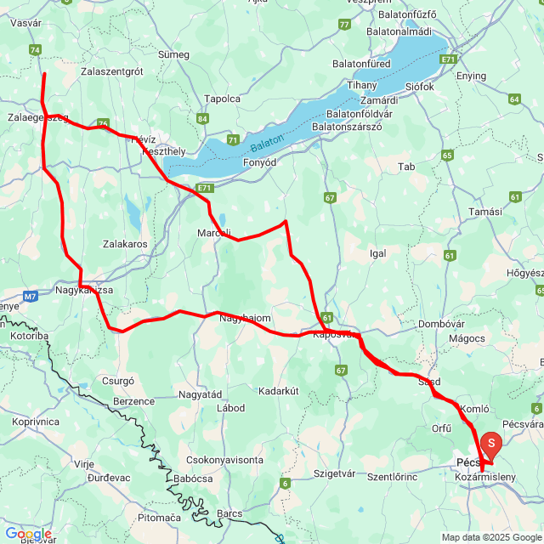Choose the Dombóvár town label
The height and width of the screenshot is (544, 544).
pyautogui.click(x=439, y=324)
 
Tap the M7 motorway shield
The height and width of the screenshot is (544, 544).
pyautogui.click(x=31, y=297)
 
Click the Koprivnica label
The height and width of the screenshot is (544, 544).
pyautogui.click(x=36, y=421)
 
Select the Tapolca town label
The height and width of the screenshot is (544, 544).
pyautogui.click(x=223, y=98)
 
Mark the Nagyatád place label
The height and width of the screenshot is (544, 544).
pyautogui.click(x=200, y=394)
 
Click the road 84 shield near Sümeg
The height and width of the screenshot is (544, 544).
pyautogui.click(x=203, y=119)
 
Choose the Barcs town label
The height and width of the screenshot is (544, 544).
pyautogui.click(x=229, y=513)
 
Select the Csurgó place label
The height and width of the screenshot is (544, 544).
pyautogui.click(x=118, y=381)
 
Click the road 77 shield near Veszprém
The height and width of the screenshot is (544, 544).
pyautogui.click(x=343, y=25)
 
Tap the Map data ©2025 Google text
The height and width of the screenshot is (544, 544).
pyautogui.click(x=491, y=537)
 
